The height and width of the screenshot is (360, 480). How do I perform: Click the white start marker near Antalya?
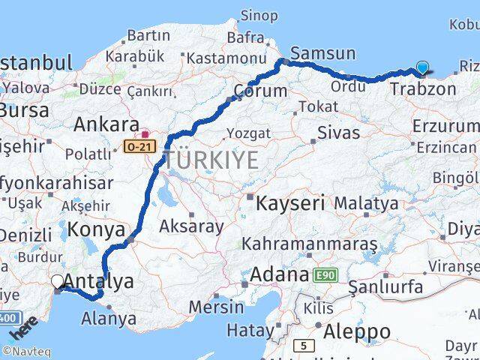(58, 282)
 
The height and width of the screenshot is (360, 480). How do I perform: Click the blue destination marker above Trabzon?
(423, 68)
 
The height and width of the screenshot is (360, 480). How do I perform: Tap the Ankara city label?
(106, 124)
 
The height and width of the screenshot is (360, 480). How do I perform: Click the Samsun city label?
(322, 52)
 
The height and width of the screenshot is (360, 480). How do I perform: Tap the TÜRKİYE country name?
(212, 160)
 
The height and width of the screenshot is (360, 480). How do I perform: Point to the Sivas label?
(338, 133)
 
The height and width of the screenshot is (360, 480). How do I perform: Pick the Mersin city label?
(216, 307)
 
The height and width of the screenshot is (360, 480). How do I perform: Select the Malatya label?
(366, 202)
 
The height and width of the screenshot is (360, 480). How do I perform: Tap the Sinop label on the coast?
(259, 14)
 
